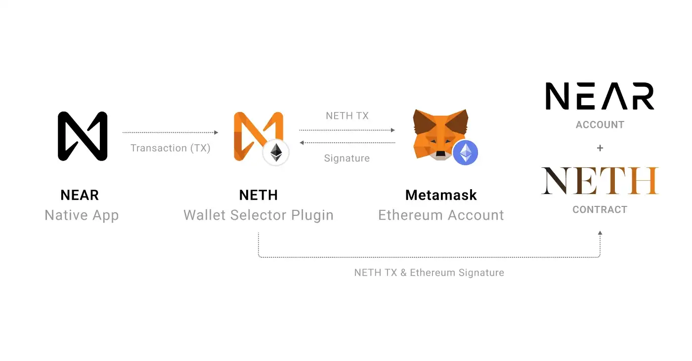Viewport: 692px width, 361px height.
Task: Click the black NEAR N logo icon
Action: (83, 136)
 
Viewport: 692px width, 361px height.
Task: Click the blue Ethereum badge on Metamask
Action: (465, 153)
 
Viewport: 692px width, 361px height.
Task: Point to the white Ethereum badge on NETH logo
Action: (276, 153)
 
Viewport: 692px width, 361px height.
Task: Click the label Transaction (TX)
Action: (171, 148)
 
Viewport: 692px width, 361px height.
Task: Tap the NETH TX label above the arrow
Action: (347, 116)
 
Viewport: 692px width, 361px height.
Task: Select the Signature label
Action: (347, 159)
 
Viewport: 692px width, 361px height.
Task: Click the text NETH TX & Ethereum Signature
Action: (429, 273)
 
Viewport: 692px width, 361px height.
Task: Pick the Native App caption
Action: (82, 215)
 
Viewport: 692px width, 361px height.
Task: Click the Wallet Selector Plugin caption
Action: (258, 215)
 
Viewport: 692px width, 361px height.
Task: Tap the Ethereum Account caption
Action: (441, 215)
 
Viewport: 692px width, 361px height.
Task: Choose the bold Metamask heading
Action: (441, 195)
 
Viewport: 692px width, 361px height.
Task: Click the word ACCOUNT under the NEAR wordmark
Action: (600, 125)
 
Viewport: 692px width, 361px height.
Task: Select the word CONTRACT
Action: (600, 210)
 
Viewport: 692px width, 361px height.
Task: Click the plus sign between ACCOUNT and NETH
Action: (600, 148)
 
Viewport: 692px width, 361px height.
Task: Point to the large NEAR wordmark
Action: (600, 96)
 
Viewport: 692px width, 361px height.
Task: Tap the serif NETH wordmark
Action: (600, 181)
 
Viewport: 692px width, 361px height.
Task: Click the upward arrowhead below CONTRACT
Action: (600, 233)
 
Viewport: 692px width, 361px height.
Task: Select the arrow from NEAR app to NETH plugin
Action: (171, 132)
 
